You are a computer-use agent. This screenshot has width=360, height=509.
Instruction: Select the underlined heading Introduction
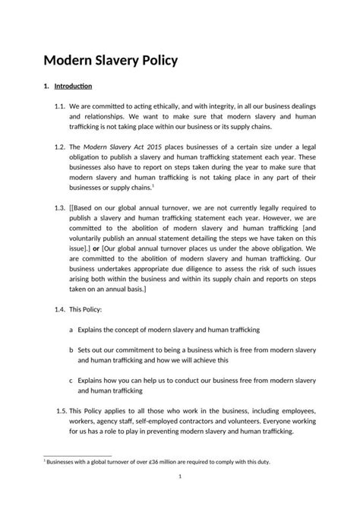(73, 86)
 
